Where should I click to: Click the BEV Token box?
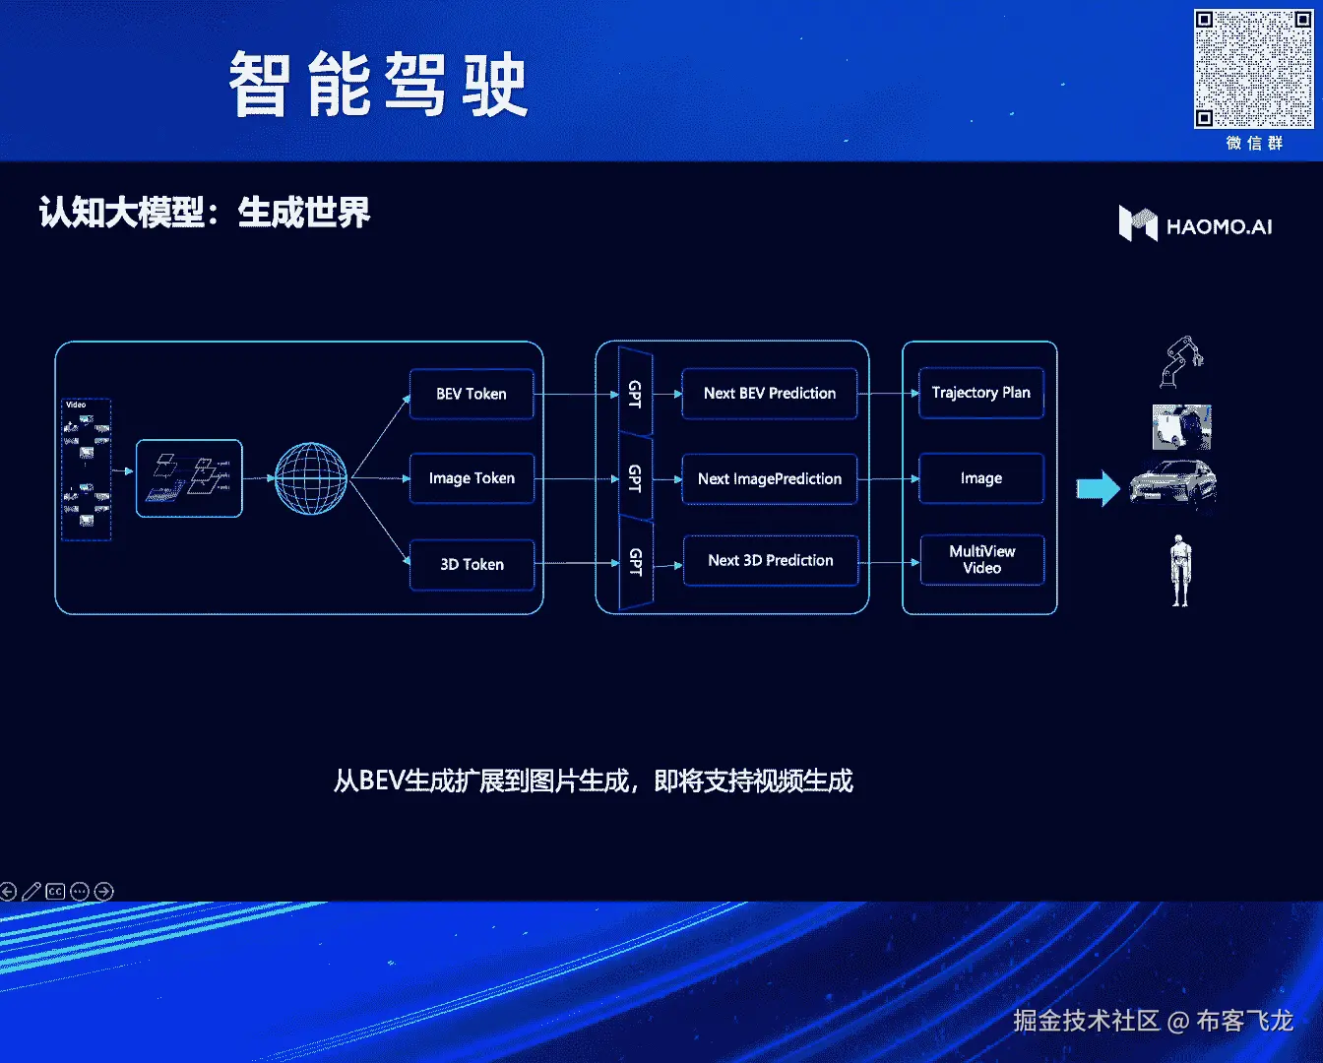[472, 394]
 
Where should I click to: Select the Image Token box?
[472, 478]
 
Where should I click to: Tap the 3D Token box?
[472, 564]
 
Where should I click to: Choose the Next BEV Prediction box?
[770, 393]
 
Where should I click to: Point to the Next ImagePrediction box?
[770, 478]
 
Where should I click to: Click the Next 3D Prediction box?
[771, 560]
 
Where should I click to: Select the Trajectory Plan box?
[980, 393]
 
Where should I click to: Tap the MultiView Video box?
[981, 559]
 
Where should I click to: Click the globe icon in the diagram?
[311, 478]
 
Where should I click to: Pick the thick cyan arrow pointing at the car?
[1098, 487]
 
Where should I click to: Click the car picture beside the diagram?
[1172, 483]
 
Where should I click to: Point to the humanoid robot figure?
[1180, 570]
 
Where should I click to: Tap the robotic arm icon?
[1181, 361]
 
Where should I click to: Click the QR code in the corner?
[1253, 69]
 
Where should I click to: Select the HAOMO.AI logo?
[1195, 224]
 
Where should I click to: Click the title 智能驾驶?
[378, 86]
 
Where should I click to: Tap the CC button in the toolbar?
[55, 892]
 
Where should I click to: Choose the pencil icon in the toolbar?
[31, 892]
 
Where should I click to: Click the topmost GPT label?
[635, 393]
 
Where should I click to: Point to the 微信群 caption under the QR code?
[1254, 144]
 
